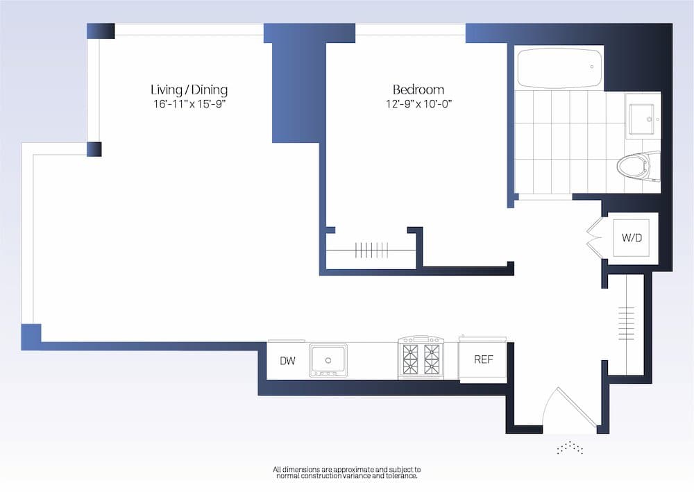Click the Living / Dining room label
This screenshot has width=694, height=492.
[x=189, y=90]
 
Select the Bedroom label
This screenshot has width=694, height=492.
[x=418, y=90]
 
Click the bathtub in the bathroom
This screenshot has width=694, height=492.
[x=559, y=67]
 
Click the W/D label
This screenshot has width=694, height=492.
[x=632, y=238]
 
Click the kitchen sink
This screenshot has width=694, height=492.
[x=328, y=359]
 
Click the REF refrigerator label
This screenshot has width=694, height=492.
[x=483, y=359]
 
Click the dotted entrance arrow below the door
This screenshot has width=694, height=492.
[x=569, y=448]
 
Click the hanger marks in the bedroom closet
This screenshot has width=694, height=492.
[x=373, y=250]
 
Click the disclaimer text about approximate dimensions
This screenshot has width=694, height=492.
[x=346, y=472]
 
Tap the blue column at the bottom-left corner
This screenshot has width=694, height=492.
[x=31, y=336]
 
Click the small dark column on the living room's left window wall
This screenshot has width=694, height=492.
[x=94, y=149]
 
